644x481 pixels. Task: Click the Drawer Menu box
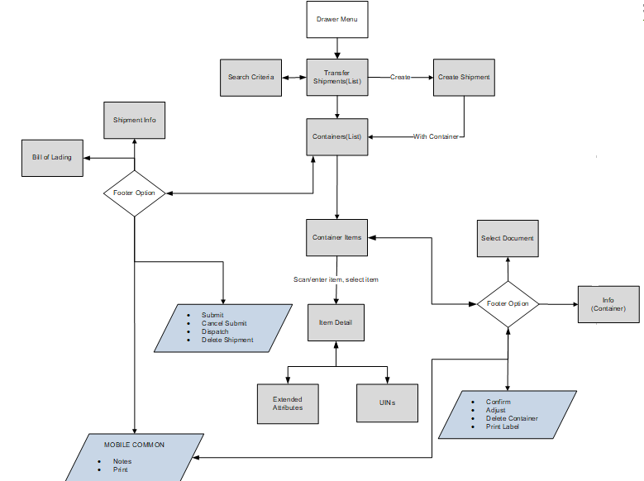[336, 20]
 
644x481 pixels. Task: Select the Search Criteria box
[250, 78]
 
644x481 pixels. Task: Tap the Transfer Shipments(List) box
[336, 78]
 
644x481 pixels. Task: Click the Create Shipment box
[464, 78]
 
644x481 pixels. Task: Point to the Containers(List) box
[336, 136]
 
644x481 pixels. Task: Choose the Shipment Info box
[134, 121]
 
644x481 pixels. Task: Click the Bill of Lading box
[52, 158]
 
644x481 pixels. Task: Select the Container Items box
[336, 238]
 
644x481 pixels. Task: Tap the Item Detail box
[336, 322]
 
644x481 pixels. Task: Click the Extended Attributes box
[287, 403]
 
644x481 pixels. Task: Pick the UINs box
[387, 403]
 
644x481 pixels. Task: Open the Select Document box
[508, 239]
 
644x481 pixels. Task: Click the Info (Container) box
[608, 304]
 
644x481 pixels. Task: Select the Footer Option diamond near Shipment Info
[134, 193]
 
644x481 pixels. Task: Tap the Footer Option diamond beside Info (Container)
[508, 304]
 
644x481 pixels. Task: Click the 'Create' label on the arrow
[400, 78]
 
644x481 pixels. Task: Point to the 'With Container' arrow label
[436, 136]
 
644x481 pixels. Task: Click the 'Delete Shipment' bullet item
[227, 340]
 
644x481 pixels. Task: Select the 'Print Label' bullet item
[503, 426]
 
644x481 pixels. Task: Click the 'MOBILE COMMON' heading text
[134, 445]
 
